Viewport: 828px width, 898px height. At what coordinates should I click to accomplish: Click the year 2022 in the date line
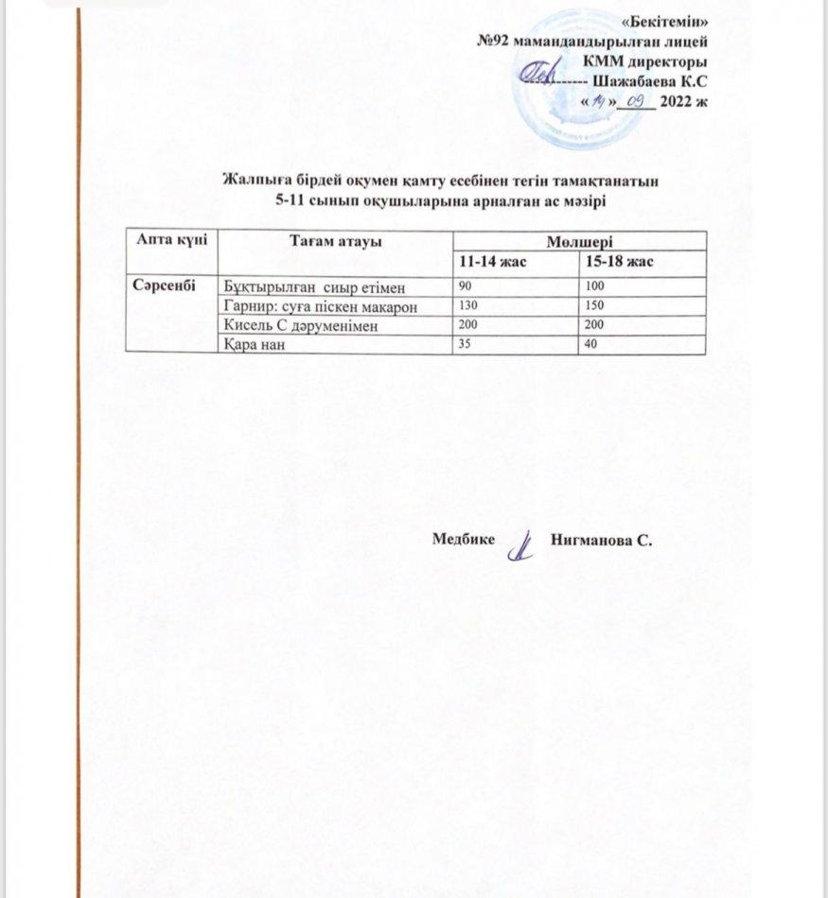point(677,100)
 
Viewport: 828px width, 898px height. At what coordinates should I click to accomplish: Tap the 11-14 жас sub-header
point(493,260)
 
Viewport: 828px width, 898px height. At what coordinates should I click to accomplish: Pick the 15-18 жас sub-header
point(621,260)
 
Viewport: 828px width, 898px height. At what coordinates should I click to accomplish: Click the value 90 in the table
point(466,285)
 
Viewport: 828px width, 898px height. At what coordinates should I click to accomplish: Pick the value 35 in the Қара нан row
point(466,346)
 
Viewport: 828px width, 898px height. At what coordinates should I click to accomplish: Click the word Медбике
point(464,540)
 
